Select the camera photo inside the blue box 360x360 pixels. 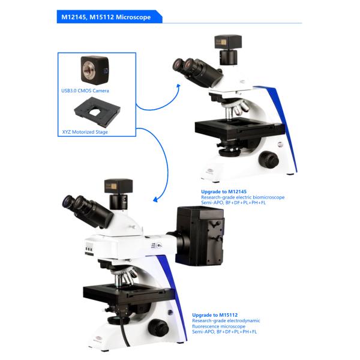[x=94, y=70]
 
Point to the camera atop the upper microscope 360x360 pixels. [x=227, y=51]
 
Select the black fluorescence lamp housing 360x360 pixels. [x=199, y=236]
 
